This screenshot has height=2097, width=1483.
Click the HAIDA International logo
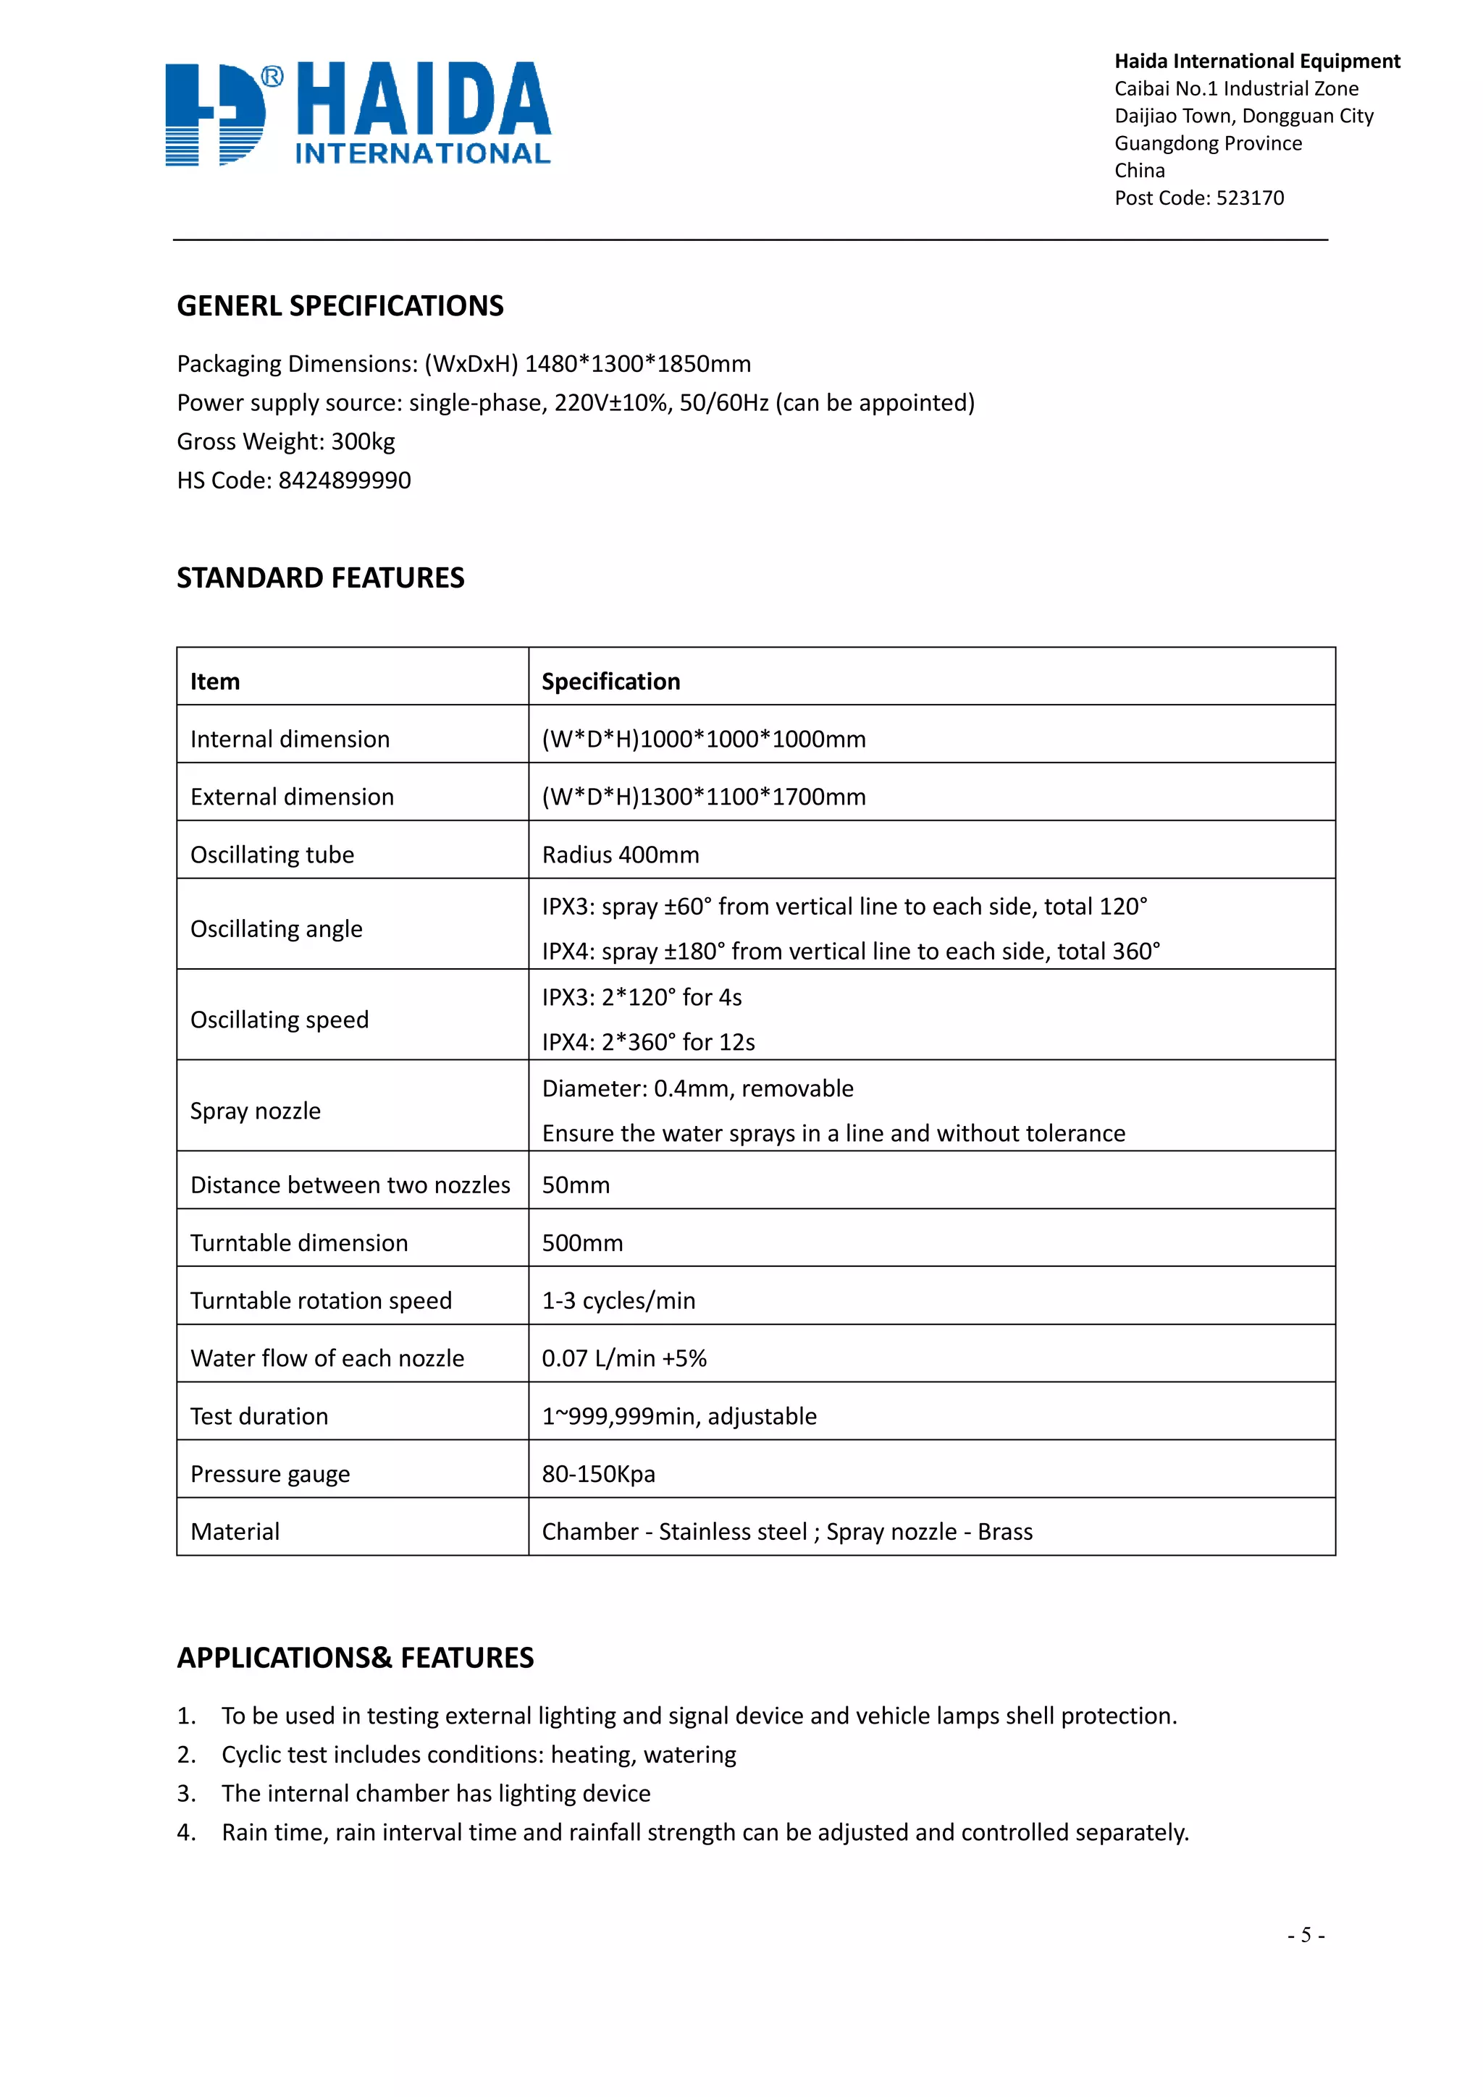click(x=358, y=114)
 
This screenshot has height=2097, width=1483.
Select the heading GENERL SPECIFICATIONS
click(x=340, y=306)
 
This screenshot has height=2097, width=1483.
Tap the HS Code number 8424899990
click(x=345, y=480)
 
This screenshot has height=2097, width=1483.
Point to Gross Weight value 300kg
click(x=363, y=442)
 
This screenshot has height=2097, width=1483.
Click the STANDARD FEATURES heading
click(x=321, y=578)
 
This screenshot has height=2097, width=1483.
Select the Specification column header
click(x=610, y=682)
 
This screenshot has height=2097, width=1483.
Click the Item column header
click(x=215, y=682)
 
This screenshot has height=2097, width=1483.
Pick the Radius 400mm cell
click(x=621, y=855)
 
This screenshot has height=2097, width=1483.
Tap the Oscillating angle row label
click(x=276, y=929)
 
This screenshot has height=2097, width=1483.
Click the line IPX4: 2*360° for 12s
click(x=648, y=1042)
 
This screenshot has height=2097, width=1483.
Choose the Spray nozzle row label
click(x=256, y=1111)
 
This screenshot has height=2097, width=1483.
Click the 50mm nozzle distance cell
click(x=576, y=1185)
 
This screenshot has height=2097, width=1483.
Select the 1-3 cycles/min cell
click(x=618, y=1300)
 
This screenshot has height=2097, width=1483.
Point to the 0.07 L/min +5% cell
click(x=624, y=1358)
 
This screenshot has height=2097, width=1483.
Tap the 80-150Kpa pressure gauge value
click(x=599, y=1474)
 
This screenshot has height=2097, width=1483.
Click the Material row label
click(x=235, y=1532)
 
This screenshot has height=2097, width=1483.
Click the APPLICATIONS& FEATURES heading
click(x=356, y=1658)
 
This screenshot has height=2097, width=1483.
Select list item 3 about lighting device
click(x=436, y=1794)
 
